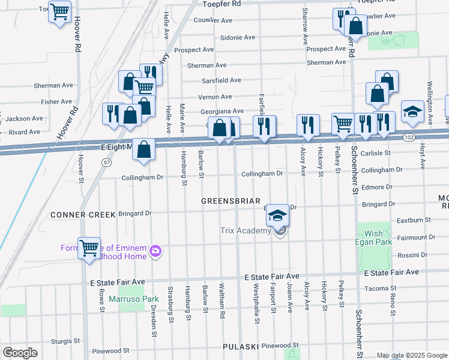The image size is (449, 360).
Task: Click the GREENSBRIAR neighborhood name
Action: (231, 201)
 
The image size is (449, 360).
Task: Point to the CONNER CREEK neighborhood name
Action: (79, 214)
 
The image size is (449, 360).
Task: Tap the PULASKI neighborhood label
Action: (240, 347)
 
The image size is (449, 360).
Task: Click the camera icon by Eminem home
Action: (155, 250)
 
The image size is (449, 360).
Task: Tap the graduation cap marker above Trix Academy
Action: (277, 215)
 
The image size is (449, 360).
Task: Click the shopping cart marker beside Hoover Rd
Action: (59, 11)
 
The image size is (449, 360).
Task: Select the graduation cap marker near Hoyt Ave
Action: (413, 111)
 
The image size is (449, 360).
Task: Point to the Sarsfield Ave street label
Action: (221, 80)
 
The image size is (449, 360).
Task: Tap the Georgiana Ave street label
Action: (221, 111)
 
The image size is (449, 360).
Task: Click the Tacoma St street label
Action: (393, 288)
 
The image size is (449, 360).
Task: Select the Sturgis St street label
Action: (65, 341)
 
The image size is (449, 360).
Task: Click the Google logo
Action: (20, 353)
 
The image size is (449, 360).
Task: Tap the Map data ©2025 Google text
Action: (411, 355)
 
